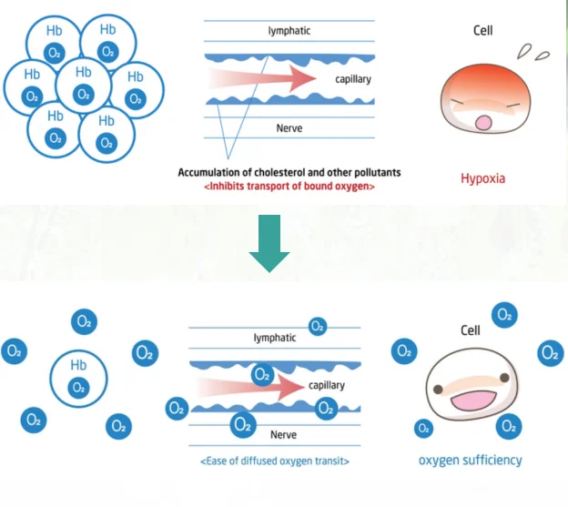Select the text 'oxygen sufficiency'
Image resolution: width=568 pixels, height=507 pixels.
pos(470,460)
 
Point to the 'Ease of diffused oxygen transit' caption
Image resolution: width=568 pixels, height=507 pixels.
pos(275,461)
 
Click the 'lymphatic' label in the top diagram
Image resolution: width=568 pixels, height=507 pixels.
pos(289,31)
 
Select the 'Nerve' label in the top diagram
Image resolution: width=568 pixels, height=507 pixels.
pos(289,128)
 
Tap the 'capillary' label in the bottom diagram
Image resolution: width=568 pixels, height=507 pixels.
pos(327,385)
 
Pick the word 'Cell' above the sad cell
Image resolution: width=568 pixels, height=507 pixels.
pos(482,31)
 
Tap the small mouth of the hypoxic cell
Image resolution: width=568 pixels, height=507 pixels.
pos(484,122)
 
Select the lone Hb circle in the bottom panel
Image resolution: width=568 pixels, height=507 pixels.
pos(78,376)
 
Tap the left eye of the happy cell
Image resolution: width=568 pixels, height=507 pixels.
pos(439,389)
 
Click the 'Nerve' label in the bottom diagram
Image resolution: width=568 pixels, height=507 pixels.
pos(283,435)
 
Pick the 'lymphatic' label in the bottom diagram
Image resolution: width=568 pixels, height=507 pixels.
pos(275,338)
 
